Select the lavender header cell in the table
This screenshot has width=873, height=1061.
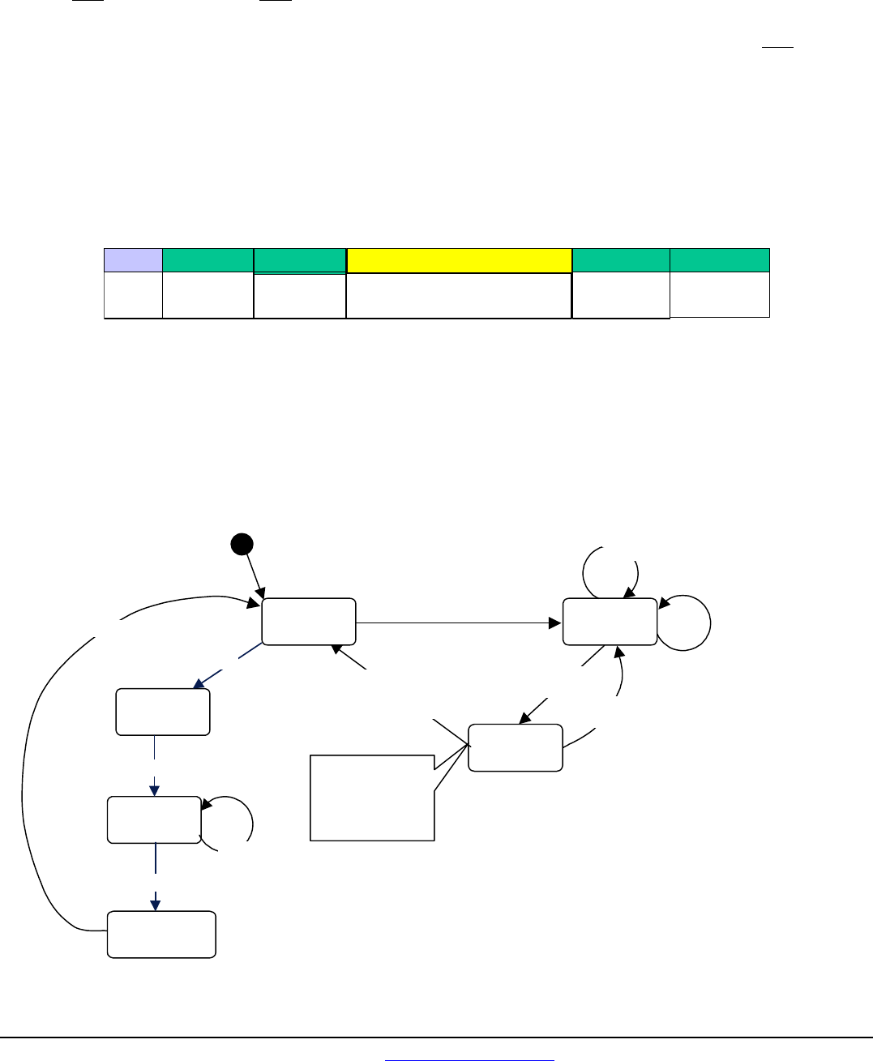click(x=133, y=259)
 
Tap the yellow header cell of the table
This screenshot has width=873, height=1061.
click(x=459, y=260)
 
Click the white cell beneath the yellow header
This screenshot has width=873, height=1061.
click(x=459, y=296)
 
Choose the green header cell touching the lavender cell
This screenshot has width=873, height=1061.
click(x=208, y=259)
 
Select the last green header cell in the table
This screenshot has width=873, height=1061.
click(x=720, y=259)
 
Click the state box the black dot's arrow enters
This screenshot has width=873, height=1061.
click(x=309, y=622)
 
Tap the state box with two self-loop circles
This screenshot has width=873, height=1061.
click(x=610, y=622)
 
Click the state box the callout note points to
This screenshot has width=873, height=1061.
click(x=516, y=747)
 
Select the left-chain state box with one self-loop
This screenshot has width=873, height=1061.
click(x=154, y=819)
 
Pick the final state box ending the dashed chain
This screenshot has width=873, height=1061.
click(x=162, y=935)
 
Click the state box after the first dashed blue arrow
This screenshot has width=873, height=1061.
click(x=163, y=712)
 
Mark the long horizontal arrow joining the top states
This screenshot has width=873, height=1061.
click(x=459, y=622)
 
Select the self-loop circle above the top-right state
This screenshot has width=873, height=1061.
click(x=610, y=571)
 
